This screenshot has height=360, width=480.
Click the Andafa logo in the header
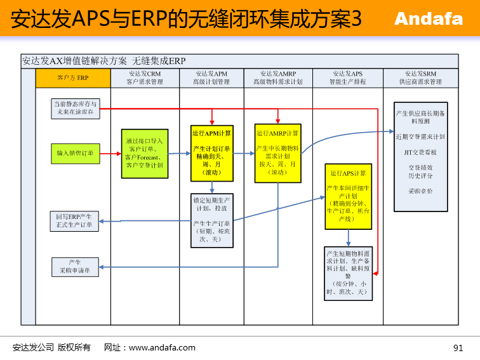tap(429, 19)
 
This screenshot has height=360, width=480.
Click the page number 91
tap(458, 347)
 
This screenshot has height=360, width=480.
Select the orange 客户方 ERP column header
tap(73, 77)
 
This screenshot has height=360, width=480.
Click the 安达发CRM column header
tap(145, 77)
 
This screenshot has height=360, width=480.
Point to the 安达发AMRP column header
tap(278, 77)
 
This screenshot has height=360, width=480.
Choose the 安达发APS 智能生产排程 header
tap(347, 77)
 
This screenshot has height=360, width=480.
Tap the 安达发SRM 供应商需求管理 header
tap(420, 77)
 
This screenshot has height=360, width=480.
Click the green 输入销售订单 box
tap(75, 153)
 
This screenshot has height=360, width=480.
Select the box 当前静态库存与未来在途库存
tap(75, 108)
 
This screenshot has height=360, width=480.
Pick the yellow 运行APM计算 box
tap(213, 153)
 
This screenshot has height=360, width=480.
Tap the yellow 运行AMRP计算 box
tap(278, 153)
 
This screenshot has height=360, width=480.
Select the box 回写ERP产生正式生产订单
tap(75, 221)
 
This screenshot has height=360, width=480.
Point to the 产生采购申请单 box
tap(75, 267)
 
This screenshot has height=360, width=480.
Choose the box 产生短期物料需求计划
tap(348, 273)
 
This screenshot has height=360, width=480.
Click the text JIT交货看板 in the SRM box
tap(420, 152)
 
